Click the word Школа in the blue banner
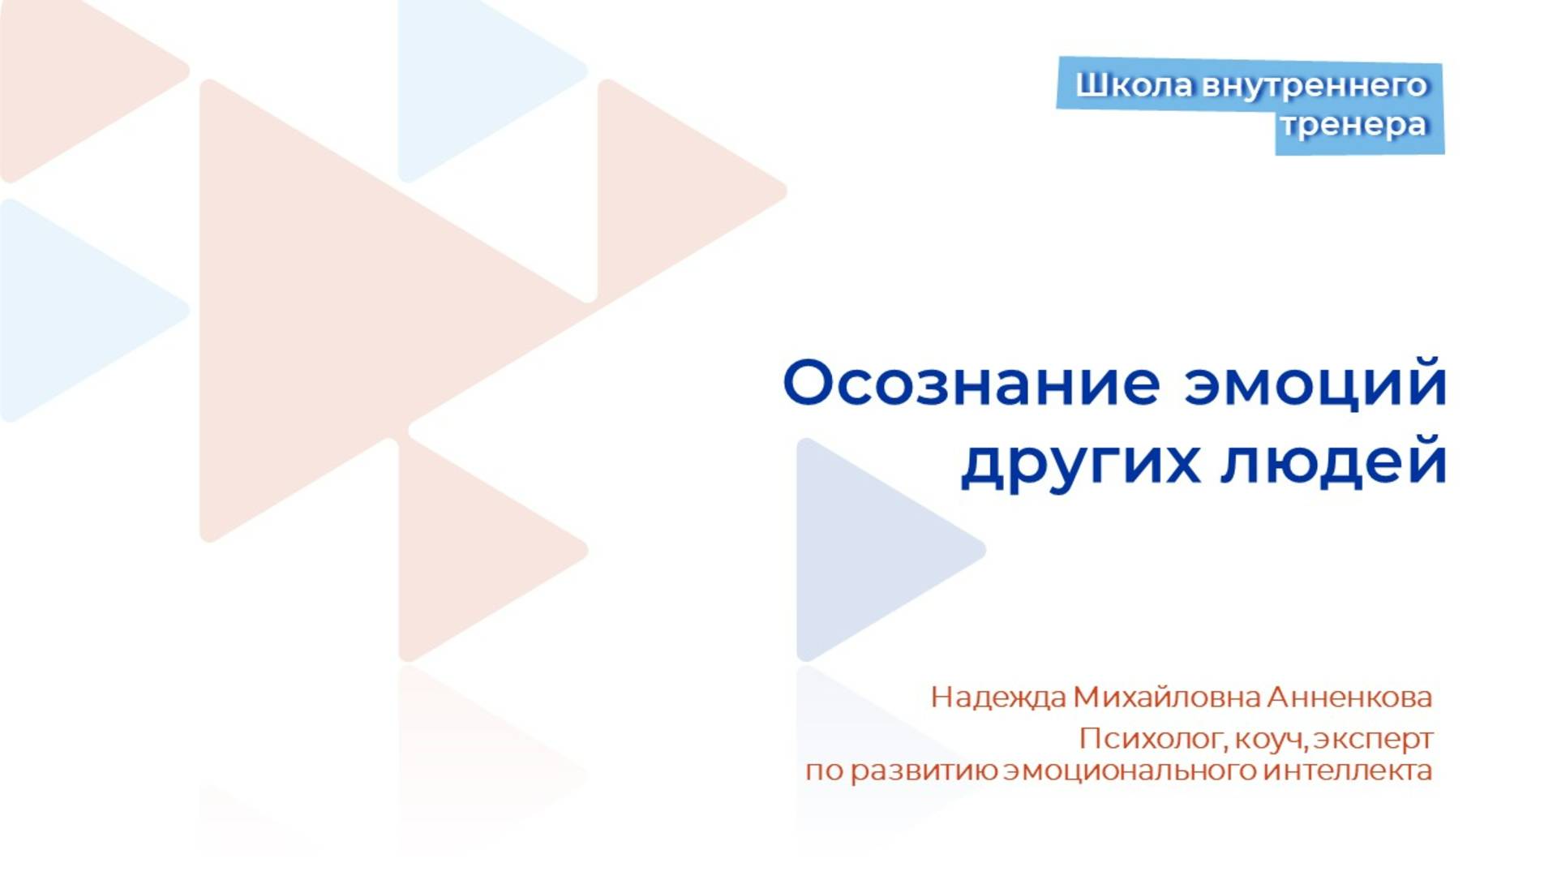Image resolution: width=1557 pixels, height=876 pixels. click(x=1134, y=85)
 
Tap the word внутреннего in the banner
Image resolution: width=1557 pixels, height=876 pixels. click(x=1314, y=85)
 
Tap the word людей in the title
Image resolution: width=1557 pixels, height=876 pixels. click(x=1334, y=462)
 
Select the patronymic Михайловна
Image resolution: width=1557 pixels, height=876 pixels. click(x=1167, y=698)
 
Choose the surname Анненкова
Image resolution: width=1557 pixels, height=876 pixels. click(x=1349, y=698)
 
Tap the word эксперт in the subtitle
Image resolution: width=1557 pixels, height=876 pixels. click(x=1374, y=740)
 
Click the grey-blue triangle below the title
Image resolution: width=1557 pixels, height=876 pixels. click(x=868, y=549)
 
